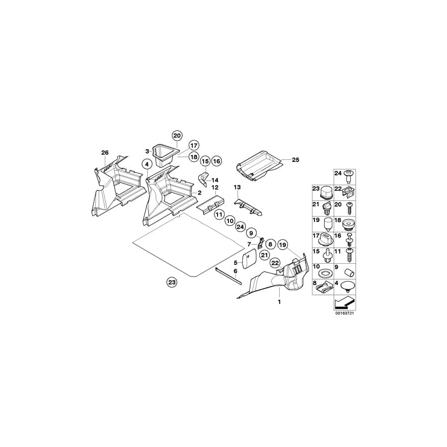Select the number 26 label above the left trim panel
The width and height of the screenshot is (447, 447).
click(x=104, y=152)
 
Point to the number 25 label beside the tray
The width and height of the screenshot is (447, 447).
click(x=296, y=160)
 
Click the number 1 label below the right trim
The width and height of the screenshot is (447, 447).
click(x=279, y=301)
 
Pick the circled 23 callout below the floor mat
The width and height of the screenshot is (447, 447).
click(x=171, y=282)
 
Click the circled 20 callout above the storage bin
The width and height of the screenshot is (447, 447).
click(x=177, y=135)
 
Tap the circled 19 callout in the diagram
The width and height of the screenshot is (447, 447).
click(x=283, y=244)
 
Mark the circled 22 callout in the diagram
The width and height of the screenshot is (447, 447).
click(x=275, y=269)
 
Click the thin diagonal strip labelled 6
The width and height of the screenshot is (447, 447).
click(x=227, y=275)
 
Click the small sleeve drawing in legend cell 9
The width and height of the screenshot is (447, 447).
click(x=349, y=273)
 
